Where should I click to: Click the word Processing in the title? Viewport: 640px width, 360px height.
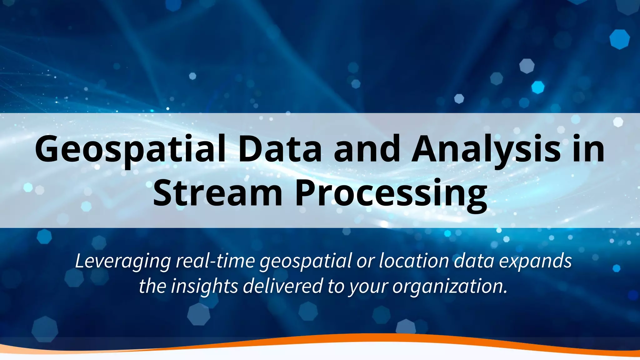point(391,193)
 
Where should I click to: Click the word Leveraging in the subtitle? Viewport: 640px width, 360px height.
point(123,261)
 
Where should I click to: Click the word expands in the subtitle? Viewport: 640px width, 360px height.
point(535,261)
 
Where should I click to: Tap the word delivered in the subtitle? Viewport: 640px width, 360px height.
point(282,286)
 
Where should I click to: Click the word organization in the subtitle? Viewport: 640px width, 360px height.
point(449,286)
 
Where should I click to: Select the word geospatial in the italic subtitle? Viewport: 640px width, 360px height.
point(305,261)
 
